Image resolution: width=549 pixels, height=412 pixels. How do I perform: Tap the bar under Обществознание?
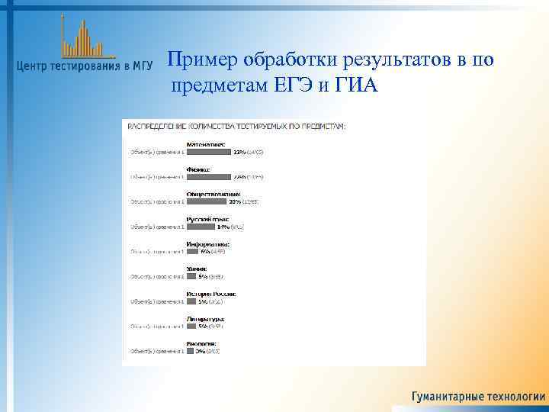pyautogui.click(x=206, y=202)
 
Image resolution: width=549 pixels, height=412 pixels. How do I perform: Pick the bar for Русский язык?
pyautogui.click(x=201, y=227)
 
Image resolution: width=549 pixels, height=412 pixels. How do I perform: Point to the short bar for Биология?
pyautogui.click(x=190, y=351)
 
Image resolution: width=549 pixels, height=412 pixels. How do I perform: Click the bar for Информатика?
pyautogui.click(x=192, y=252)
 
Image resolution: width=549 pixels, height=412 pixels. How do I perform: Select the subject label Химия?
pyautogui.click(x=196, y=269)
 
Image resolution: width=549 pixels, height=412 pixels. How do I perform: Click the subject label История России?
pyautogui.click(x=211, y=293)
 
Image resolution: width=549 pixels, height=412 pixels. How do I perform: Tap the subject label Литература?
pyautogui.click(x=205, y=318)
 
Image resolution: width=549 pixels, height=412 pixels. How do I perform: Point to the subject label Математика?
pyautogui.click(x=207, y=144)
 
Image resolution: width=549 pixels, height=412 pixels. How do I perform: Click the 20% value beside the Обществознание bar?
pyautogui.click(x=234, y=202)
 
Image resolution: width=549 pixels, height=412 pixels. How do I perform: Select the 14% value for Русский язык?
pyautogui.click(x=223, y=227)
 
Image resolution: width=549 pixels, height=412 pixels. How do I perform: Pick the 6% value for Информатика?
pyautogui.click(x=205, y=252)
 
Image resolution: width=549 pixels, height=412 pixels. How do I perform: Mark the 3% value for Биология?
pyautogui.click(x=199, y=351)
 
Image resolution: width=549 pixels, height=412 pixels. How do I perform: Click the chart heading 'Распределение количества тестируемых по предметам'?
pyautogui.click(x=236, y=125)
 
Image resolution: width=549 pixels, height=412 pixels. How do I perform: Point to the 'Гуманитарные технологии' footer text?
pyautogui.click(x=478, y=397)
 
